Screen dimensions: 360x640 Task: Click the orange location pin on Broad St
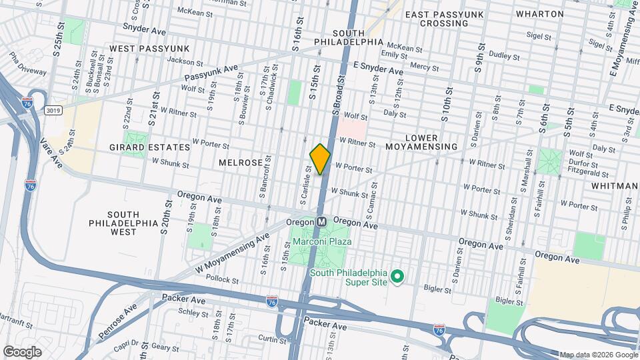tap(320, 159)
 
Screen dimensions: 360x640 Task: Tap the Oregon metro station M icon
tap(321, 221)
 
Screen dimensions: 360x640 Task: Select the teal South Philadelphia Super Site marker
tap(398, 275)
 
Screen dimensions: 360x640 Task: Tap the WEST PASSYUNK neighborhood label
tap(149, 49)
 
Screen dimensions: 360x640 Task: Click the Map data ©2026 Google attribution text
tap(598, 355)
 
